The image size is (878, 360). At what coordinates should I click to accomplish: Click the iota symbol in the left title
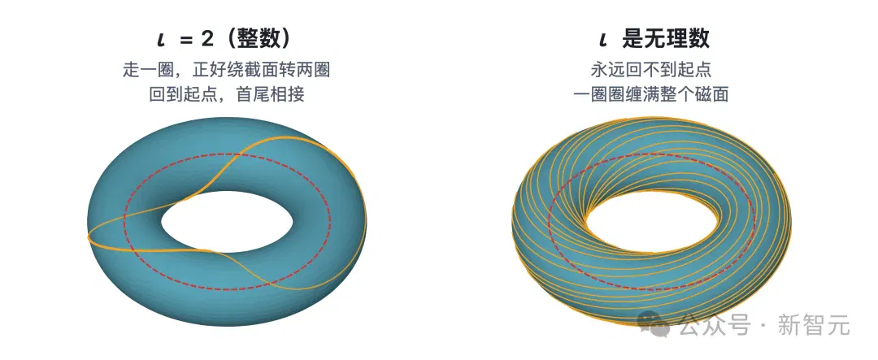click(162, 41)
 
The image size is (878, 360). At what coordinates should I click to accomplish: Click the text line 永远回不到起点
click(651, 71)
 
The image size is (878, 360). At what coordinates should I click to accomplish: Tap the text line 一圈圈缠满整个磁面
click(651, 93)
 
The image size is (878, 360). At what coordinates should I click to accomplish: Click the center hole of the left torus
click(227, 222)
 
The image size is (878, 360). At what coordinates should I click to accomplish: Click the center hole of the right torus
click(651, 222)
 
